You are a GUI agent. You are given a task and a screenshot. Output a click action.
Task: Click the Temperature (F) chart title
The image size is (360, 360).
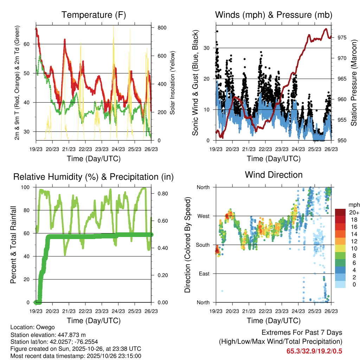click(x=94, y=15)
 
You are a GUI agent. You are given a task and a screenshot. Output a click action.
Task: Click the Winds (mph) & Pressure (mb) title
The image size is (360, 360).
click(x=274, y=15)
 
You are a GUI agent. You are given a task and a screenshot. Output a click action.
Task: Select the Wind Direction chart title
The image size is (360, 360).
click(x=274, y=175)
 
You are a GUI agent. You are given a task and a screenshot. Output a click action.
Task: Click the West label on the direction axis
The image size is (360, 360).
click(x=203, y=216)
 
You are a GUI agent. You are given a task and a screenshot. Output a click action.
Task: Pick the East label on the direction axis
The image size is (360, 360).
click(x=204, y=274)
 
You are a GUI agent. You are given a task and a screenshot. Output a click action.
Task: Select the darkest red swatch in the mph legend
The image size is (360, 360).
click(x=340, y=212)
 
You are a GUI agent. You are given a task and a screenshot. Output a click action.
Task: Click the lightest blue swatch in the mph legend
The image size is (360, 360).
click(x=340, y=285)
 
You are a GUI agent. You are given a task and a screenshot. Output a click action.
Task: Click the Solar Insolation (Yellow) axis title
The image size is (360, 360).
click(x=173, y=83)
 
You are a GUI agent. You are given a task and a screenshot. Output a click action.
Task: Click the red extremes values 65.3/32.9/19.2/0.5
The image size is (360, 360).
click(x=314, y=351)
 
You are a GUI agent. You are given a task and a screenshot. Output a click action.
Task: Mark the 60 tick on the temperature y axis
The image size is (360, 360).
click(x=30, y=44)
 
